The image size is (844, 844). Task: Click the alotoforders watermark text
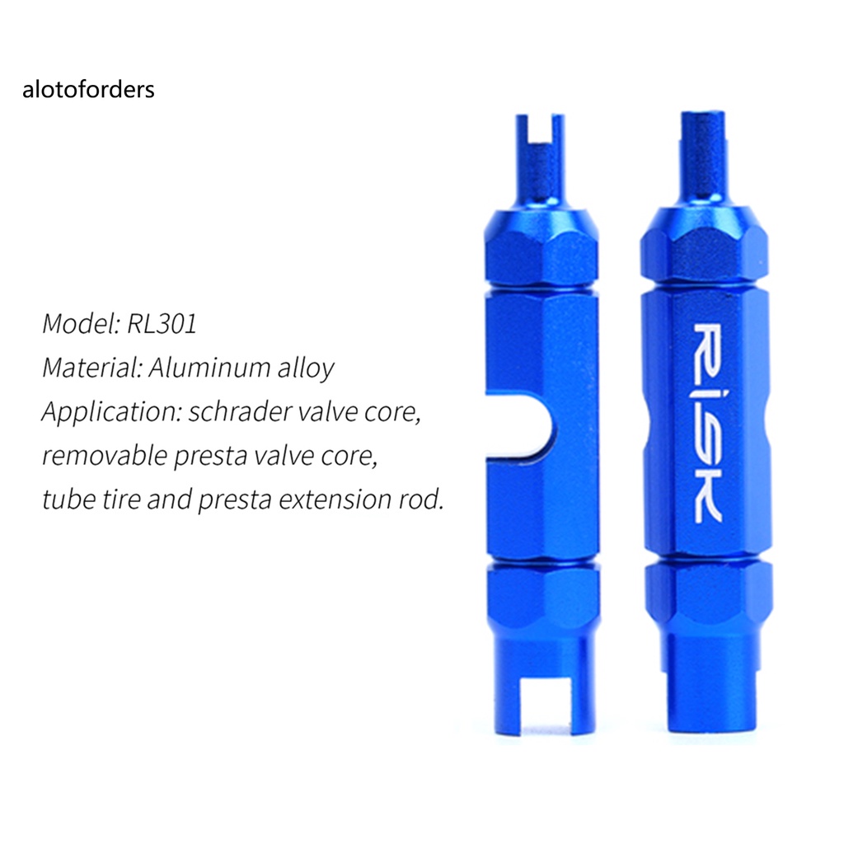click(x=88, y=89)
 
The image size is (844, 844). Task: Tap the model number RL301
click(x=162, y=324)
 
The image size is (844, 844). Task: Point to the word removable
click(x=105, y=456)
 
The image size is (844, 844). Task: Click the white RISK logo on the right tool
click(x=707, y=423)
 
